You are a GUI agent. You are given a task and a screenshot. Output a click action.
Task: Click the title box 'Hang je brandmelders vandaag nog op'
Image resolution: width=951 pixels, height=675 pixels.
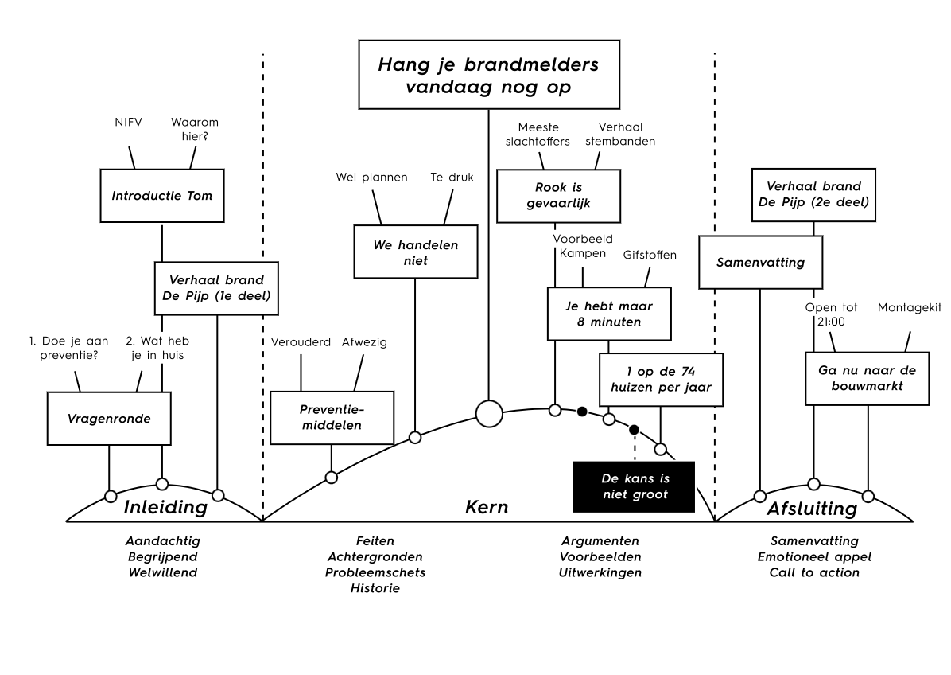[489, 75]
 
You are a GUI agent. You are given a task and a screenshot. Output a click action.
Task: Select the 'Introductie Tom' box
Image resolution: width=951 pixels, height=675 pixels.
[162, 196]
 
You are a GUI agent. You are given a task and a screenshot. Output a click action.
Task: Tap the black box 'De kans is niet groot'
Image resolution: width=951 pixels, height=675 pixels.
[634, 487]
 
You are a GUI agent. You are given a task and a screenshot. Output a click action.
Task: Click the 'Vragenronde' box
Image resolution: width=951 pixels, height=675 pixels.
[109, 418]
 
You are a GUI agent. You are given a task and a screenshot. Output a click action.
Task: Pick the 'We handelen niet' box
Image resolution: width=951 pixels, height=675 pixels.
[415, 252]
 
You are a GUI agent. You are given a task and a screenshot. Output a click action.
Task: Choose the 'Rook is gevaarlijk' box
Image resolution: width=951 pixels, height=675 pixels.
[558, 196]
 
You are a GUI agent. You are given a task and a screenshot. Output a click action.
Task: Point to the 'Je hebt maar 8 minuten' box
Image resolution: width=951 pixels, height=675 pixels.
[609, 314]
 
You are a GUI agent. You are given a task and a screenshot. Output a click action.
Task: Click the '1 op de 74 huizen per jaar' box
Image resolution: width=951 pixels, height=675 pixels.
[661, 380]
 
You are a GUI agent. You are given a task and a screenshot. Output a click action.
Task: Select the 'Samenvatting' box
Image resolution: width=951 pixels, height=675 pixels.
[760, 262]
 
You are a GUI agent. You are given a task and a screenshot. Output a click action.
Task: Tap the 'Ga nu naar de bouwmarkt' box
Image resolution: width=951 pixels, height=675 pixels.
[868, 378]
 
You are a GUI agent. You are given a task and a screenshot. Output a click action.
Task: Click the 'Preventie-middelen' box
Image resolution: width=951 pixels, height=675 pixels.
[332, 418]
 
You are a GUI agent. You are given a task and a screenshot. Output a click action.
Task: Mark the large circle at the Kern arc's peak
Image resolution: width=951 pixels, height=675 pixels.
[489, 414]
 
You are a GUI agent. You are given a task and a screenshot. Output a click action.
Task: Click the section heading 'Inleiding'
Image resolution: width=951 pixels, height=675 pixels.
[165, 508]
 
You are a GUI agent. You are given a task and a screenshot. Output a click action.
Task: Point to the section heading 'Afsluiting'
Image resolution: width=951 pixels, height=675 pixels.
[812, 509]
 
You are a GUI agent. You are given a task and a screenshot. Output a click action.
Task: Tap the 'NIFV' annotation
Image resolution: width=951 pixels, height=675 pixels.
[129, 122]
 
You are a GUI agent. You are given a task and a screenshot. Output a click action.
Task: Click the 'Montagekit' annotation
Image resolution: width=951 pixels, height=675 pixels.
[910, 308]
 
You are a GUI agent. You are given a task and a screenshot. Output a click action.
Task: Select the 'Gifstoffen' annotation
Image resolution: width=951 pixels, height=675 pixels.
[650, 255]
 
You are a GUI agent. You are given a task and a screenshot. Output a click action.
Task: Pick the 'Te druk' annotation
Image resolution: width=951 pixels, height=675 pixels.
[452, 178]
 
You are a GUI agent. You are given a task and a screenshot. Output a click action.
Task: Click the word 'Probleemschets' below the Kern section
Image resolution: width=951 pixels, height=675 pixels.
[375, 572]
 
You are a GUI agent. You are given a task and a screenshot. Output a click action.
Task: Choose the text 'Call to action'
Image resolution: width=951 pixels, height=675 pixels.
[814, 572]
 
